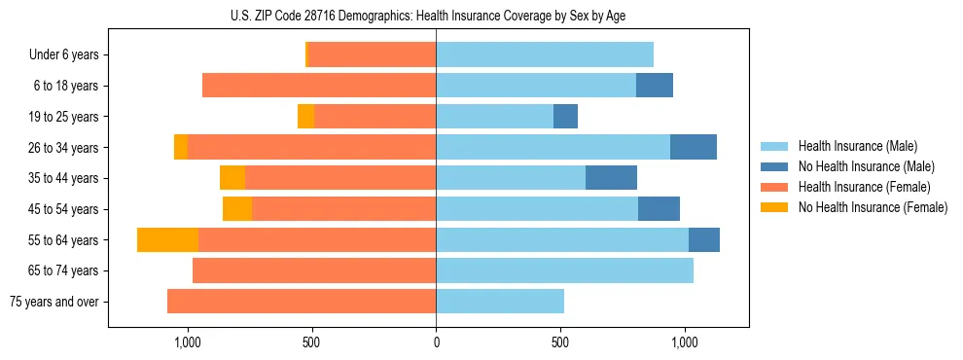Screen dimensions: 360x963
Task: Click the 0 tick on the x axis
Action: coord(436,342)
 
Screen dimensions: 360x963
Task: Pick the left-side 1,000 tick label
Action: coord(187,342)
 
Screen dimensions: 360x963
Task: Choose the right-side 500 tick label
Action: coord(560,342)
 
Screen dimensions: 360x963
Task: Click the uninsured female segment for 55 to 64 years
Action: coord(167,240)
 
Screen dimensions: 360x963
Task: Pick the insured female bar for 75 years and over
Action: coord(302,302)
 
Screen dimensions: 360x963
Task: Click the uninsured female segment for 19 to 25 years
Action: coord(305,117)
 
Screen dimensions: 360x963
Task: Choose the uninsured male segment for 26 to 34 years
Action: coord(694,148)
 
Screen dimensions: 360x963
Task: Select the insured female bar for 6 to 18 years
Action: coord(319,86)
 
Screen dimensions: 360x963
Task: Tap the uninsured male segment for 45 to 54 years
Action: coord(659,209)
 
